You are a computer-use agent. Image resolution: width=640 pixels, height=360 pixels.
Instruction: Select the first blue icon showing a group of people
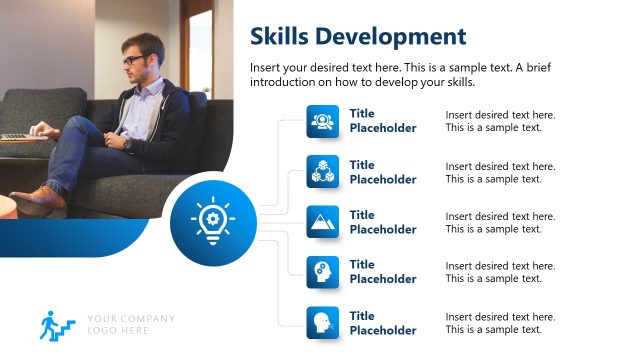pos(323,121)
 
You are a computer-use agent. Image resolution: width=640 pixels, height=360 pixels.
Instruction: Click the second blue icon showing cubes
pos(323,171)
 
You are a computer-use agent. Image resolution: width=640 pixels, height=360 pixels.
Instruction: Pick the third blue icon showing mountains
pos(323,221)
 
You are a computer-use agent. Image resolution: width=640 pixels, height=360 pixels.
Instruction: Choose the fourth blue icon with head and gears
pos(323,271)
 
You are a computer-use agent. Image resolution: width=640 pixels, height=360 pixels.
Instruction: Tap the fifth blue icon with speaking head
pos(323,321)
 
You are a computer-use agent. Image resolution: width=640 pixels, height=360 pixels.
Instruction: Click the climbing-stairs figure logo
pos(57,324)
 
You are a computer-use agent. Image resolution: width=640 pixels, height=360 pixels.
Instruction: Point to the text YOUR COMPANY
pos(131,319)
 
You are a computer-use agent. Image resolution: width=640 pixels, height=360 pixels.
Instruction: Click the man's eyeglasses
pos(134,60)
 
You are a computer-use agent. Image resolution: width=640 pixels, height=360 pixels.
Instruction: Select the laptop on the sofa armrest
pos(16,135)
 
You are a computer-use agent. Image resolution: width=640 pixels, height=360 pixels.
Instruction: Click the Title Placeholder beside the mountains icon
pos(382,222)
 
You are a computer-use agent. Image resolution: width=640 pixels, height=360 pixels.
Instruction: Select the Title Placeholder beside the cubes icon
pos(382,172)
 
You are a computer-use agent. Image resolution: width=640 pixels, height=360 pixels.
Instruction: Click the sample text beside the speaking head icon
pos(500,322)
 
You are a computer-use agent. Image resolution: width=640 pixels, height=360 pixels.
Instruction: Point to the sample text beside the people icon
pos(500,121)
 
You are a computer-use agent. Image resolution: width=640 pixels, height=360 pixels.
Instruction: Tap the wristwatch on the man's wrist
pos(127,143)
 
